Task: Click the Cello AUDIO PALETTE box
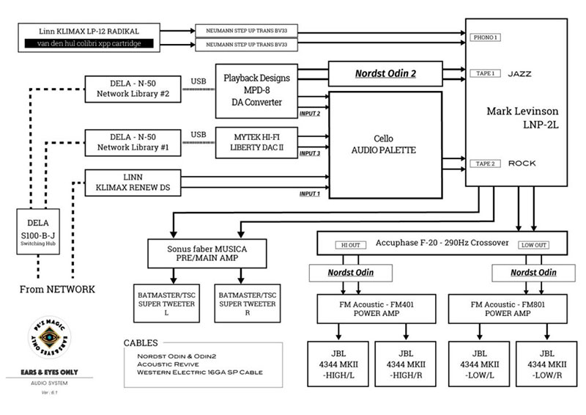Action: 385,144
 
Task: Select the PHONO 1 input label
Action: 486,37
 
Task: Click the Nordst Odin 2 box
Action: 385,74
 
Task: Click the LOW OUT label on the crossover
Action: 533,244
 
